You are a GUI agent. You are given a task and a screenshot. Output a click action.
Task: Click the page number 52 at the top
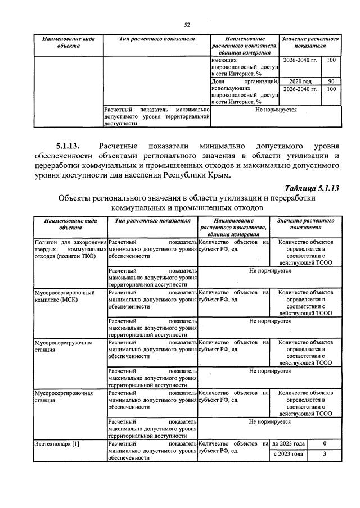pyautogui.click(x=188, y=25)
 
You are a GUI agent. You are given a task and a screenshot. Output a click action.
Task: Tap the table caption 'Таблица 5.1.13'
pyautogui.click(x=313, y=188)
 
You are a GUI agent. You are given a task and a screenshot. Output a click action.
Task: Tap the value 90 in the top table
pyautogui.click(x=331, y=81)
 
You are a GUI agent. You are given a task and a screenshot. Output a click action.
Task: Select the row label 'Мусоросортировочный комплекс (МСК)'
pyautogui.click(x=65, y=296)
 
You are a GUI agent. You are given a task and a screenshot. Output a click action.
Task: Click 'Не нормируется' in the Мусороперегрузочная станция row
pyautogui.click(x=270, y=371)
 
